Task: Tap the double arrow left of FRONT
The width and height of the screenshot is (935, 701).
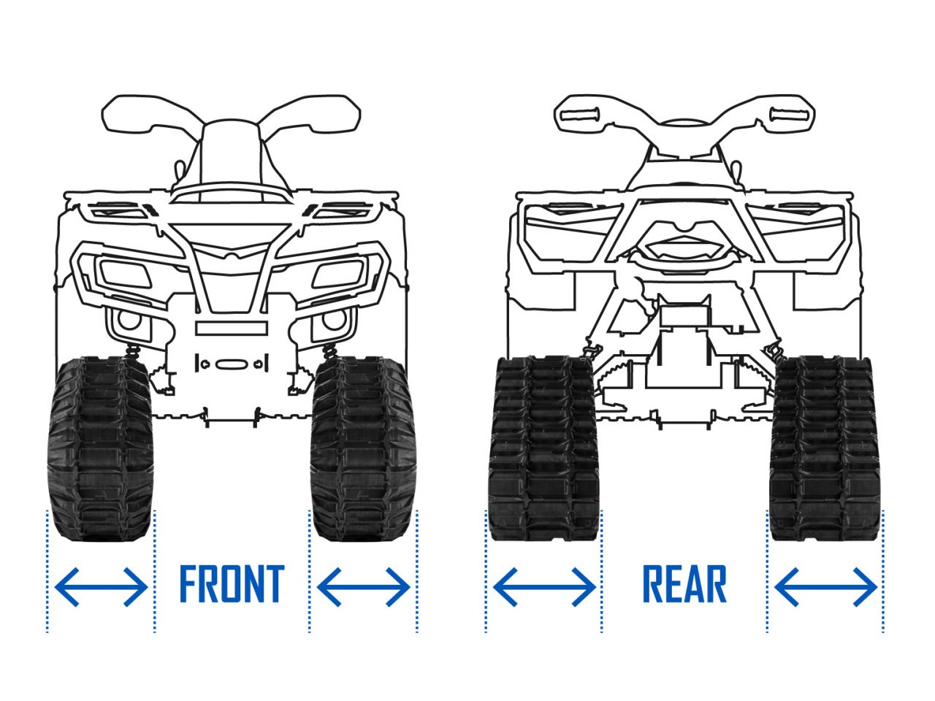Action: coord(101,586)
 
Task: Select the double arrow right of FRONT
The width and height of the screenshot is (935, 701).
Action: coord(363,586)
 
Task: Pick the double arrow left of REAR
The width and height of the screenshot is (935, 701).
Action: coord(543,586)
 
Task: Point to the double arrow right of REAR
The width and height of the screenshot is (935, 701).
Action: coord(825,586)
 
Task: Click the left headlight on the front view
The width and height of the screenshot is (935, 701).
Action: coord(125,275)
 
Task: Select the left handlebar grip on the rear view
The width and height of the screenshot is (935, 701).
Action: coord(578,112)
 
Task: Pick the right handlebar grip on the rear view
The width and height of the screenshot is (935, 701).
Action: coord(788,112)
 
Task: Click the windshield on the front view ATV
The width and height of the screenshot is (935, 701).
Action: coord(231,157)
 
